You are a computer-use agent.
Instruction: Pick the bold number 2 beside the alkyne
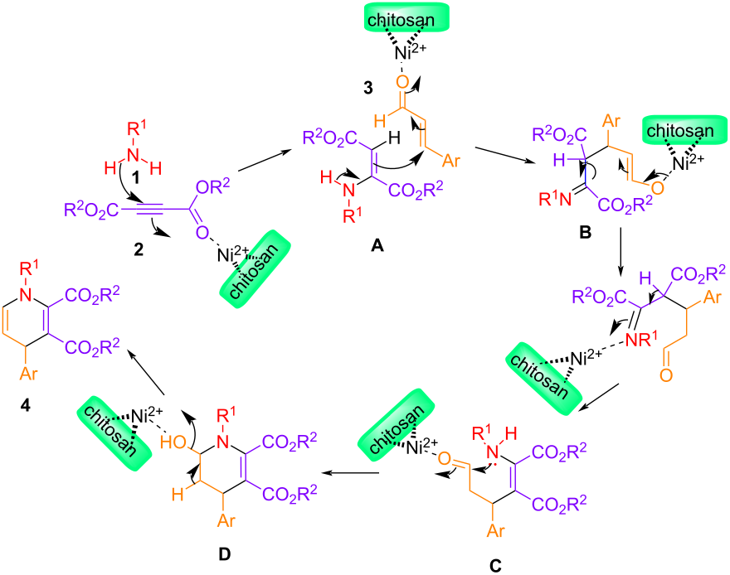click(x=123, y=247)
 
